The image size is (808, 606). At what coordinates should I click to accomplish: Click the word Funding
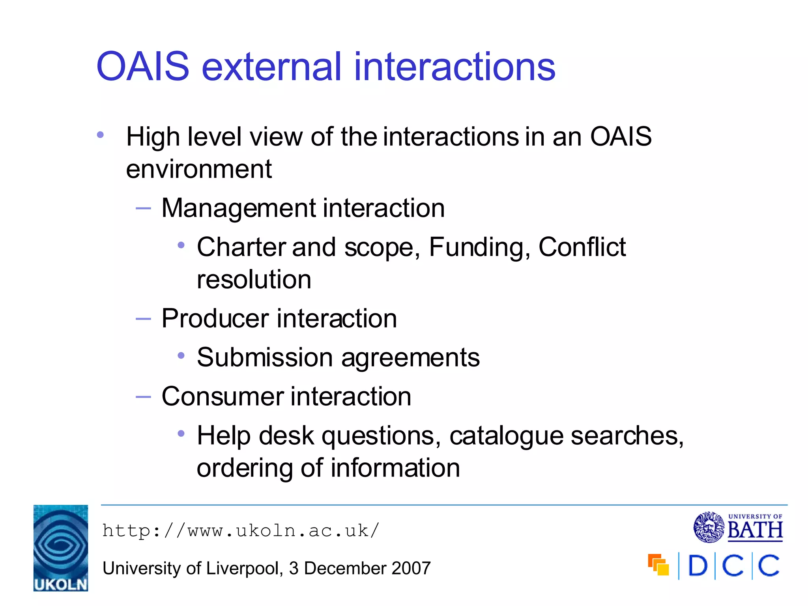(x=479, y=247)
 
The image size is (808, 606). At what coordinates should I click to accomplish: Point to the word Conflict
(x=582, y=247)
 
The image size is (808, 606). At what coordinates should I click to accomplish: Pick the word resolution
(x=254, y=280)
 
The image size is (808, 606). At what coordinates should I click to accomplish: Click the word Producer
(x=215, y=318)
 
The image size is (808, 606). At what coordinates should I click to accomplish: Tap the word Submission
(x=265, y=357)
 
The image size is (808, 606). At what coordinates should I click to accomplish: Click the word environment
(x=199, y=169)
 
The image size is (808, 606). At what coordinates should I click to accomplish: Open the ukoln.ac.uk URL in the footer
(x=241, y=531)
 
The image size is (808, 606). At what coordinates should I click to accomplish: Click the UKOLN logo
(x=61, y=548)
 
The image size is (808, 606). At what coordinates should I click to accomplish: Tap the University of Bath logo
(x=738, y=527)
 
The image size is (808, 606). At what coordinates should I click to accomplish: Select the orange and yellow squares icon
(x=658, y=565)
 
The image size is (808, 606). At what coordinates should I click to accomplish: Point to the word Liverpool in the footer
(x=243, y=569)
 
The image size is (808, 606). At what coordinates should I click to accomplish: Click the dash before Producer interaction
(x=143, y=318)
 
